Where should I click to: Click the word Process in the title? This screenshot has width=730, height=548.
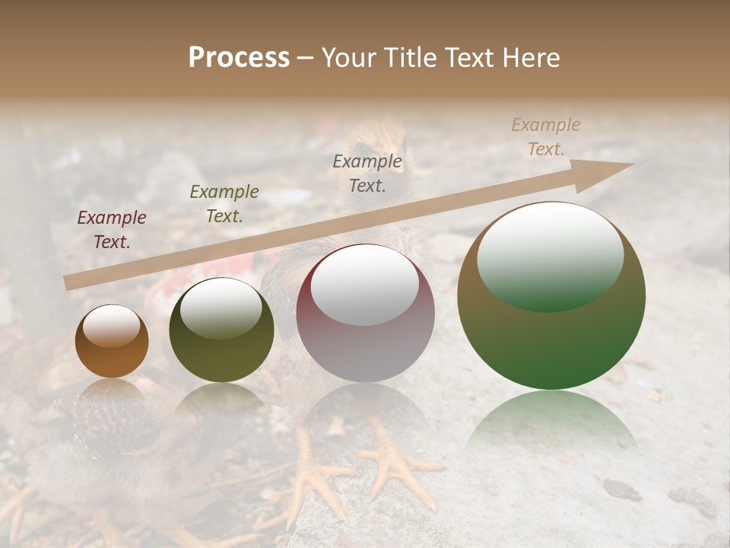click(239, 58)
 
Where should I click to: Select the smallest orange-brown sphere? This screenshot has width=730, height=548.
click(112, 341)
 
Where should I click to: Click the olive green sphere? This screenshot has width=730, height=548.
click(221, 330)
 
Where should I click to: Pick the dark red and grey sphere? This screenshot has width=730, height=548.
click(365, 313)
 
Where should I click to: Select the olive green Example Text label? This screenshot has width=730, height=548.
click(224, 204)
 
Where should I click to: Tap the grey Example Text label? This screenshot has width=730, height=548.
click(367, 173)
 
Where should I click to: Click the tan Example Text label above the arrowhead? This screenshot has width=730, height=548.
click(545, 137)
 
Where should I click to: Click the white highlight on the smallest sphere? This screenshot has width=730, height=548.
click(112, 327)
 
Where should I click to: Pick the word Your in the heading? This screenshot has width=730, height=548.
click(347, 58)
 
